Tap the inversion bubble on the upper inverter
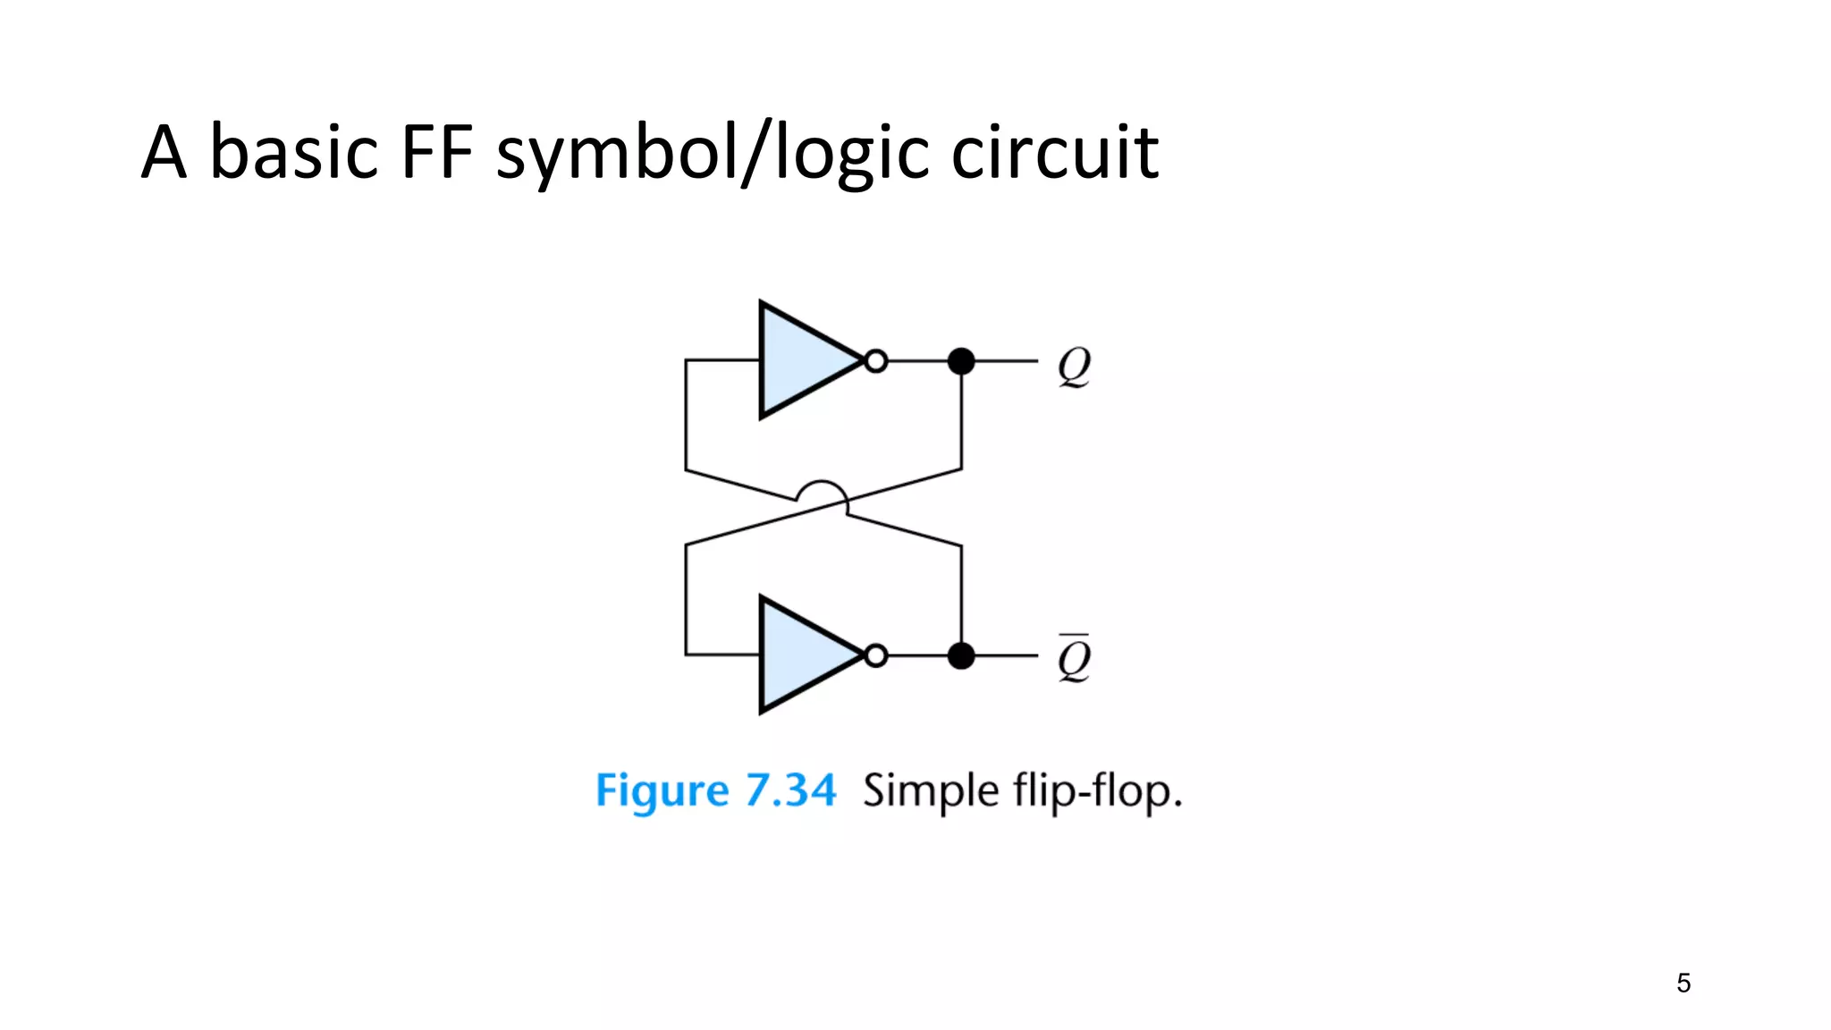coord(877,361)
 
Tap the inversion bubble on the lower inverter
coord(877,656)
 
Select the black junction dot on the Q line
coord(961,361)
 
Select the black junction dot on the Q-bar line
coord(961,656)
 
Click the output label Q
coord(1074,367)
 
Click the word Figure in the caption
coord(662,791)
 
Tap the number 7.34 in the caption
coord(791,790)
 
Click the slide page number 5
coord(1683,984)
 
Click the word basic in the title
coord(293,152)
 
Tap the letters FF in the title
coord(437,152)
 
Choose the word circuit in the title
coord(1055,152)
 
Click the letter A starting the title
coord(165,152)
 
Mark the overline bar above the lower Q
coord(1074,637)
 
